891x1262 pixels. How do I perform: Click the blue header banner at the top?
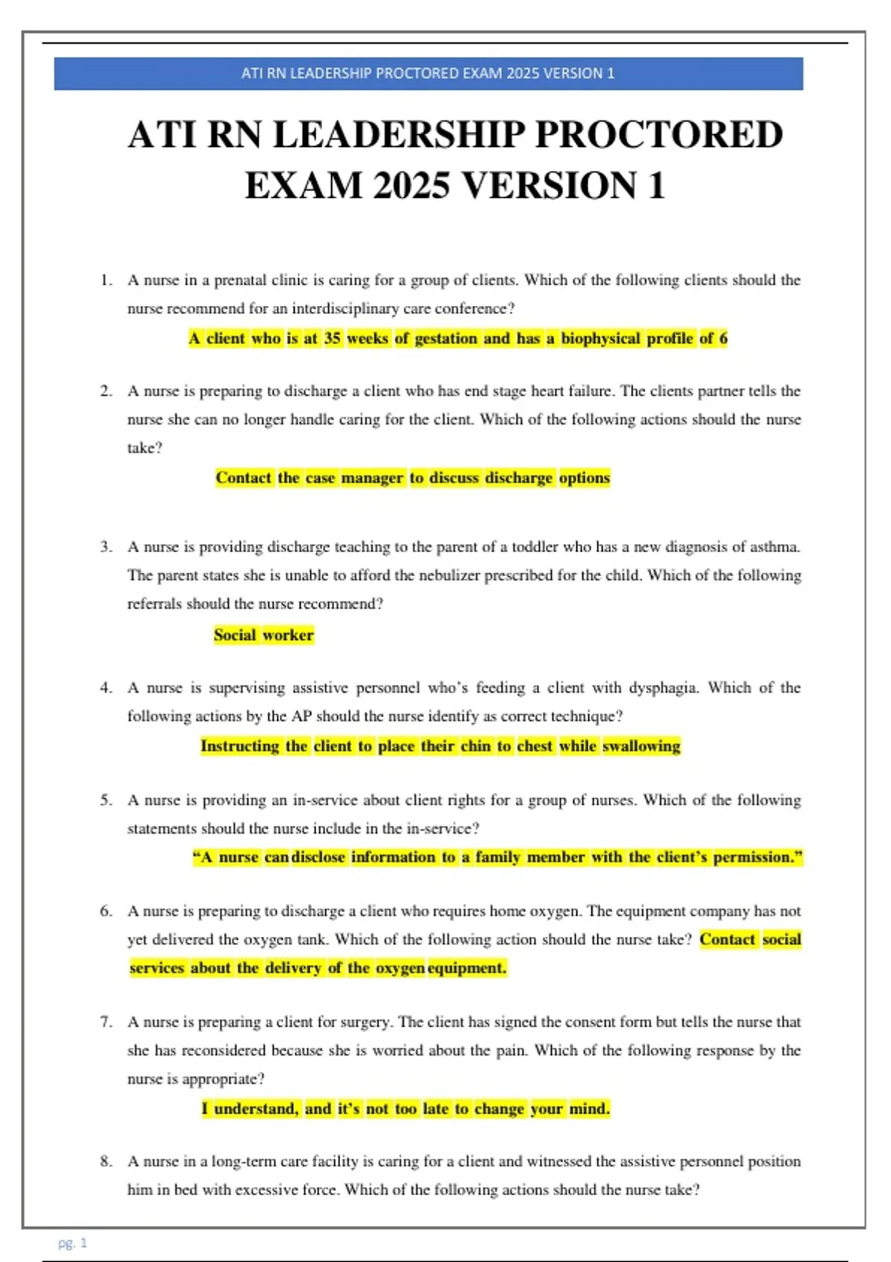click(x=428, y=73)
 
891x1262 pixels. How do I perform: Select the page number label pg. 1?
click(x=73, y=1243)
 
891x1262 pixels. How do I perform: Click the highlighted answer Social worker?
click(x=264, y=635)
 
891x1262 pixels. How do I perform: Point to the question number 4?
click(x=106, y=688)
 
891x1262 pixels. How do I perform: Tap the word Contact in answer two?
click(x=243, y=478)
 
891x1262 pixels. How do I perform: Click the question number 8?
click(x=106, y=1161)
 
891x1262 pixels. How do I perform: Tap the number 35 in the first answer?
click(x=332, y=339)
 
